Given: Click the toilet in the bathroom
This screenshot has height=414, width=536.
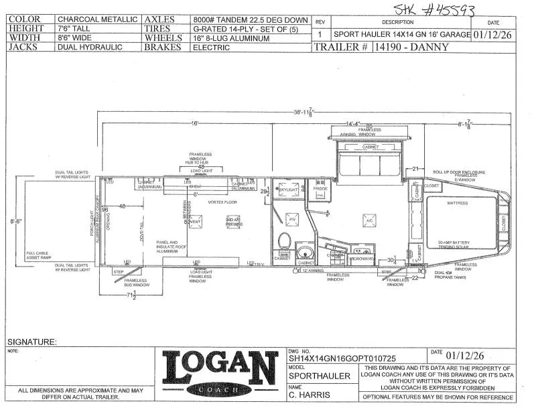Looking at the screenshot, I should pos(283,241).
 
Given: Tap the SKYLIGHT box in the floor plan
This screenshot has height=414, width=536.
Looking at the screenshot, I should pos(287,190).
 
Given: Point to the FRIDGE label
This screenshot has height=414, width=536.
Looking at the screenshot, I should pos(321,190).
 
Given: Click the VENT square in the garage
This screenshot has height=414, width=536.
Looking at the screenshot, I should pos(196,222).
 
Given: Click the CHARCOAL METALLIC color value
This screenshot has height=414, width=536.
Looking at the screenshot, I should pos(98,19).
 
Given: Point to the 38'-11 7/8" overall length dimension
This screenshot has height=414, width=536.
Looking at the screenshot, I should pos(306,113).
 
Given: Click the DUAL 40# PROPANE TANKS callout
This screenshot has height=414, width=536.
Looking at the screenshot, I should pos(448,275).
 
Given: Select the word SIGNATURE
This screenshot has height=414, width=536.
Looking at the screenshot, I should pos(32,342).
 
